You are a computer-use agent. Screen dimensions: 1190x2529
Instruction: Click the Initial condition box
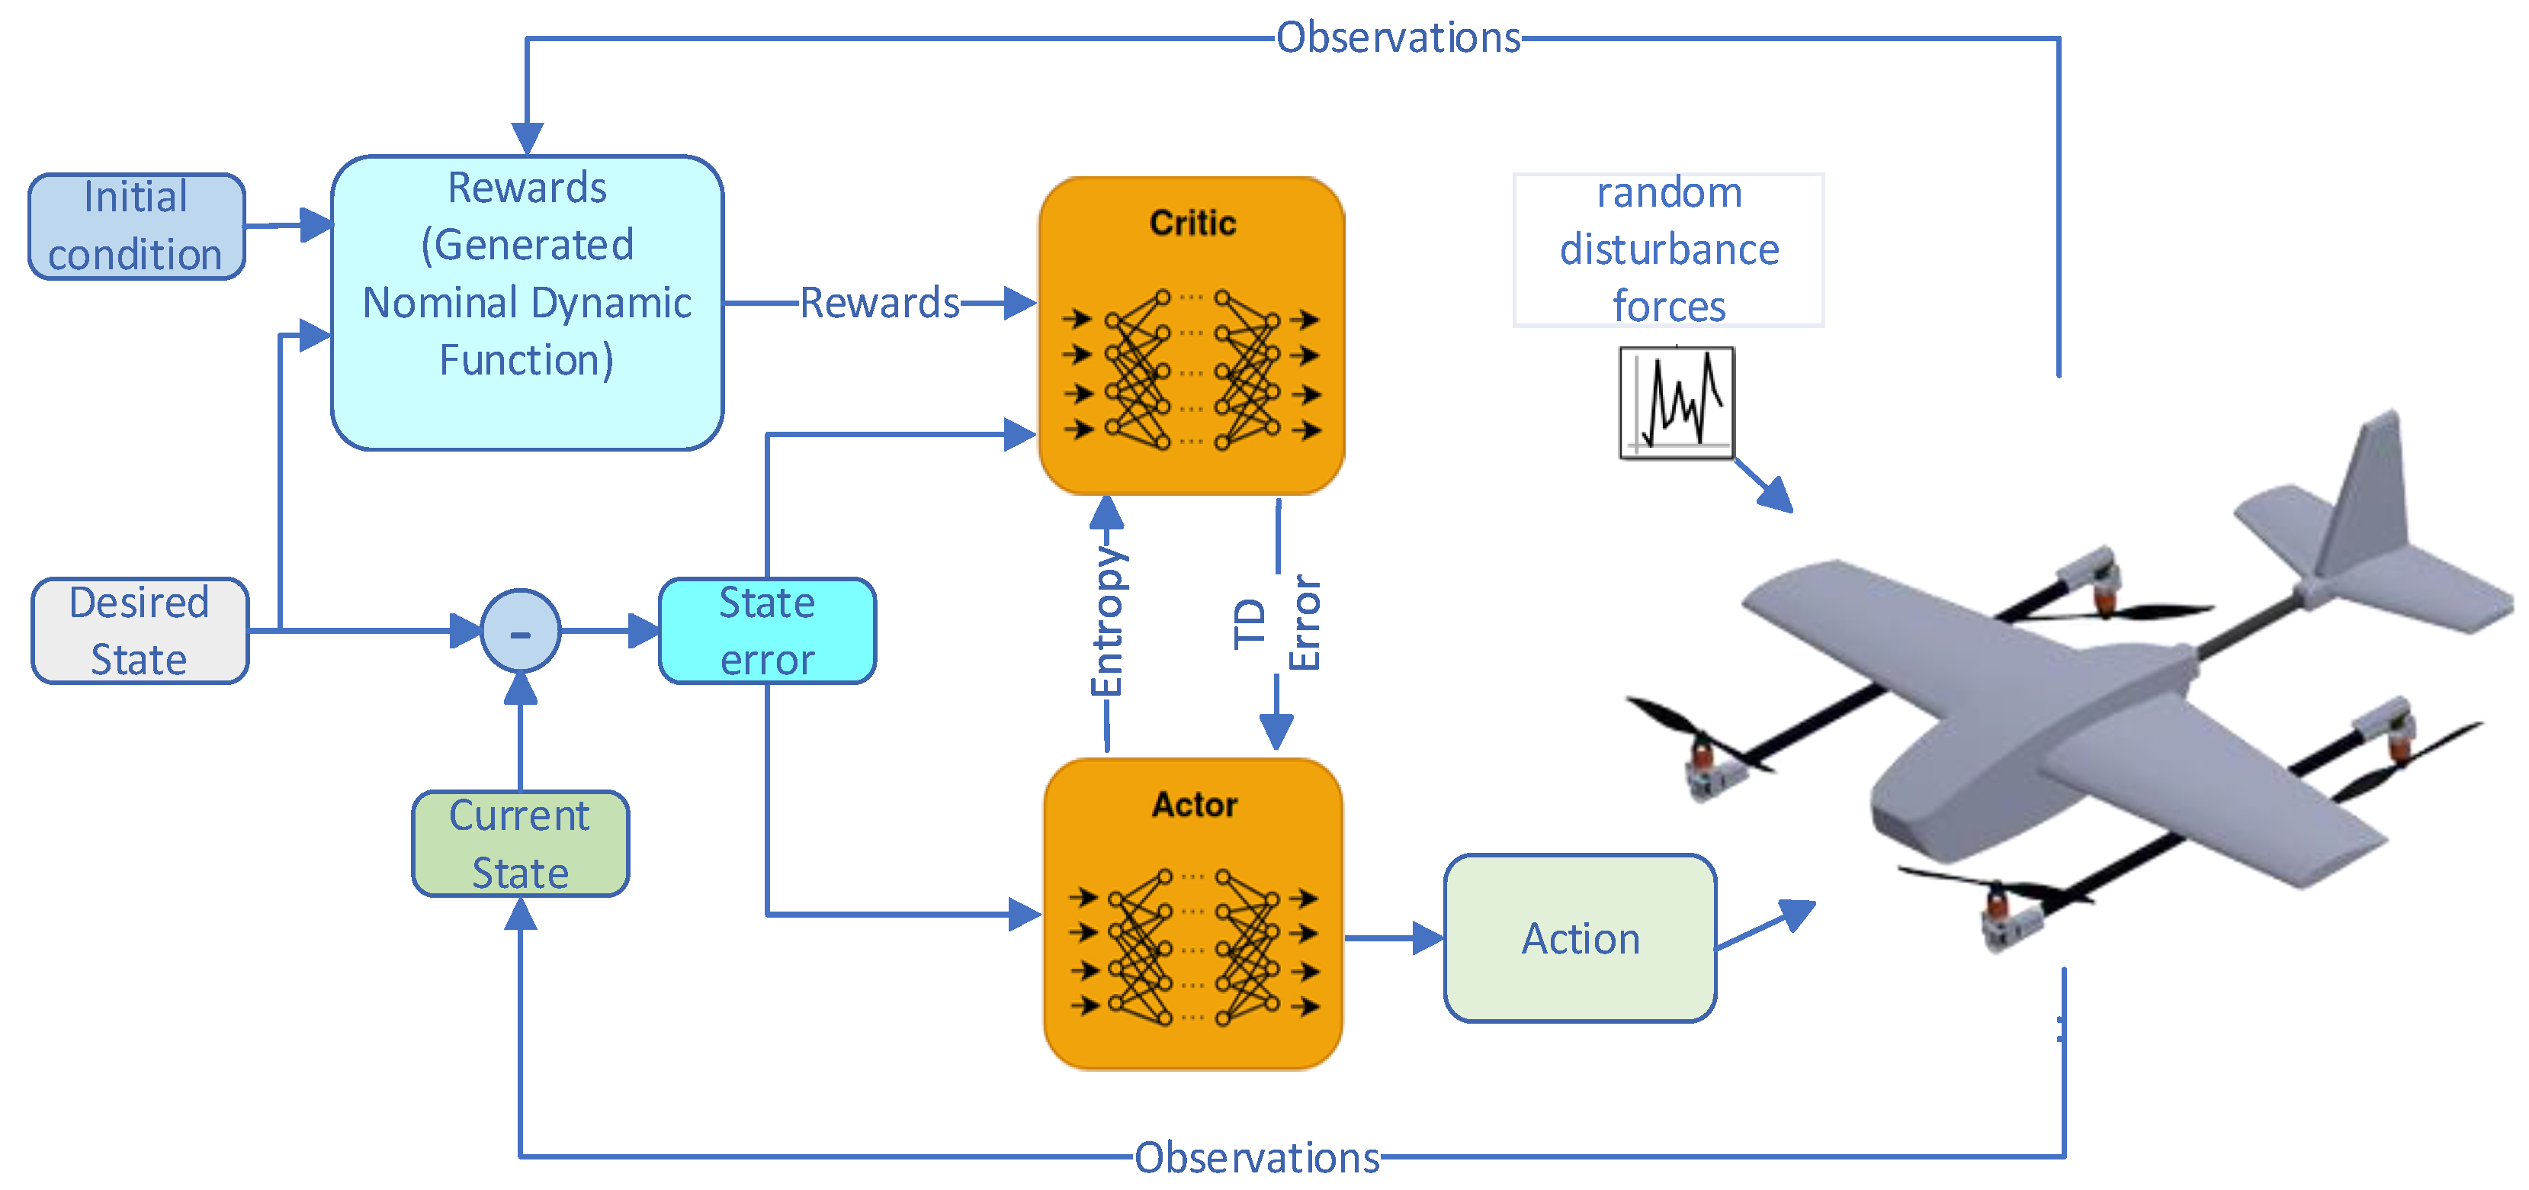(136, 227)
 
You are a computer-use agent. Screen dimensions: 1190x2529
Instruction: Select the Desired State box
(140, 630)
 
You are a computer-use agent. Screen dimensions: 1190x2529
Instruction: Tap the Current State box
(519, 844)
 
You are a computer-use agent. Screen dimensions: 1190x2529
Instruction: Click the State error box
(767, 630)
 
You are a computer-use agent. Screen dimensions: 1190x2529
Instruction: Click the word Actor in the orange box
(1194, 804)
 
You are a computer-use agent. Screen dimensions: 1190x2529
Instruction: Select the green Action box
(1580, 938)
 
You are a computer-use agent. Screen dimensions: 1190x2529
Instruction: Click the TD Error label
(1276, 623)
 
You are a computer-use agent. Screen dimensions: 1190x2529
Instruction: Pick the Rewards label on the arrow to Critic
(880, 302)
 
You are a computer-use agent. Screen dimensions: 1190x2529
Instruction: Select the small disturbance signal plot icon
(1677, 403)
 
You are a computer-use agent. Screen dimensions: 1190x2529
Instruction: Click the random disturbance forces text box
(1668, 249)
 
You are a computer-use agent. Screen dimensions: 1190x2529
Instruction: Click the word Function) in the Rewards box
(526, 360)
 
